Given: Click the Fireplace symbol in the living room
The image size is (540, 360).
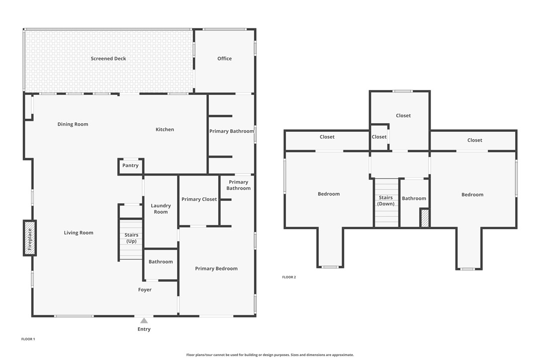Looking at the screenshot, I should coord(30,238).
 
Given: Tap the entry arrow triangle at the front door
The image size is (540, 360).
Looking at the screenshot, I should coord(144,321).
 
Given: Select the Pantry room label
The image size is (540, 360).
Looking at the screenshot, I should coord(130,166).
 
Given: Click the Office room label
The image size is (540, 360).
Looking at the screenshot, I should coord(224,59).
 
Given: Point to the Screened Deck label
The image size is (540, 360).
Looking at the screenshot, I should coord(108,59).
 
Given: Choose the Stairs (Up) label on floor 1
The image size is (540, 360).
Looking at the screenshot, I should coord(131,238).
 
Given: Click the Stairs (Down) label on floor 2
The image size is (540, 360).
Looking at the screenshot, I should coord(386,201).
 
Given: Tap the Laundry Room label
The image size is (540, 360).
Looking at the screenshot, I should coord(161,209).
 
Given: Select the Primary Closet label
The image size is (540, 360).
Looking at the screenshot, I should coord(199,199).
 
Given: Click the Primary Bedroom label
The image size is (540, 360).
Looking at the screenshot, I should coord(216,269).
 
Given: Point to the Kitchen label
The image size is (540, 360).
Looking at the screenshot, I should coord(165,130).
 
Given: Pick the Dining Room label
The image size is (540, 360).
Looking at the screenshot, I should coord(73,124).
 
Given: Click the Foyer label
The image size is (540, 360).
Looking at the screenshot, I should coord(145,290).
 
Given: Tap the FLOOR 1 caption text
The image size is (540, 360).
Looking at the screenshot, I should coord(28,339).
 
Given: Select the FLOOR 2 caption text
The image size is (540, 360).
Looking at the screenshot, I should coord(289,277).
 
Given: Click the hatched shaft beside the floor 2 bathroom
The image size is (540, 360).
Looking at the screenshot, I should coord(425,218).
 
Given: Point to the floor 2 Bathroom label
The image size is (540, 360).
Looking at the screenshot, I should coord(414,198).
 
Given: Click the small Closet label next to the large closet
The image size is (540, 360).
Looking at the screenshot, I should coord(379,137).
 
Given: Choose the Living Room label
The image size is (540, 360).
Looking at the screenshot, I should coord(79,233).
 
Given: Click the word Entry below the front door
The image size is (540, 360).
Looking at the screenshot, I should coord(144,329).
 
